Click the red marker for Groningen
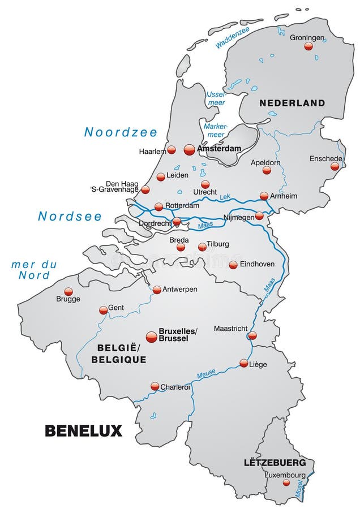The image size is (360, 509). (308, 46)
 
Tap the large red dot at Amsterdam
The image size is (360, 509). (190, 149)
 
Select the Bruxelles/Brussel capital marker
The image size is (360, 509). (151, 337)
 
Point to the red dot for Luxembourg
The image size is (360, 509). (286, 482)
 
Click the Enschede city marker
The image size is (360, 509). (335, 166)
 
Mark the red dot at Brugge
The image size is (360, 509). (68, 291)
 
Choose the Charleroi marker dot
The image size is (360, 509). (155, 386)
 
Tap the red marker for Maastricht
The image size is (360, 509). (252, 335)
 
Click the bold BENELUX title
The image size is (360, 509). (83, 430)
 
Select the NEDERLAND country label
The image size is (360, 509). (292, 103)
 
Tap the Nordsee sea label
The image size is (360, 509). (70, 216)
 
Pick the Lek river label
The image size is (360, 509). (225, 195)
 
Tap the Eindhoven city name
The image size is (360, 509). (257, 264)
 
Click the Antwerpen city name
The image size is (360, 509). (180, 289)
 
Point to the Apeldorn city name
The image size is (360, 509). (265, 162)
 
